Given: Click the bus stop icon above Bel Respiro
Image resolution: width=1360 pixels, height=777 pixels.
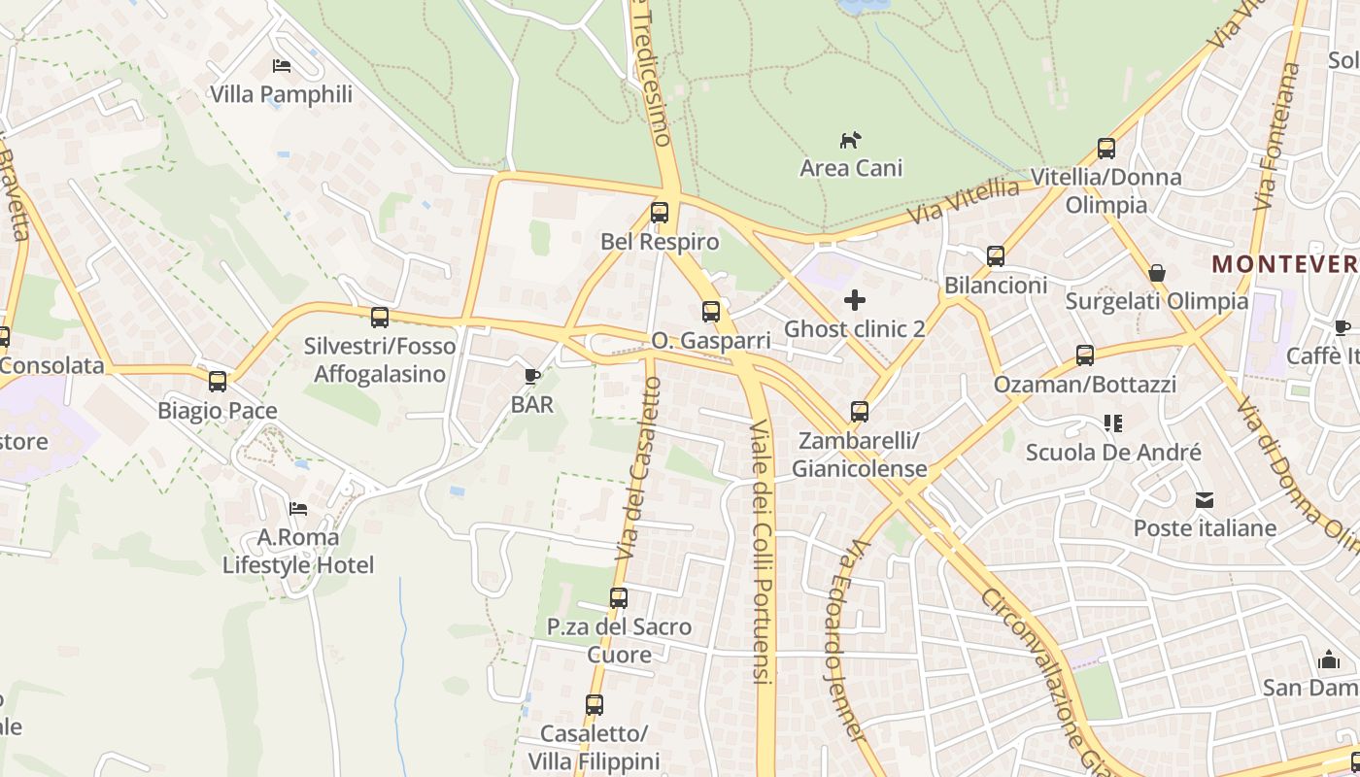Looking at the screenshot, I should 660,212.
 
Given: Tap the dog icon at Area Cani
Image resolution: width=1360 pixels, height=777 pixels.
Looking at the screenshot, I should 851,140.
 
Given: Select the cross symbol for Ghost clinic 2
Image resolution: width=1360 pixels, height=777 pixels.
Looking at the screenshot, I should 855,300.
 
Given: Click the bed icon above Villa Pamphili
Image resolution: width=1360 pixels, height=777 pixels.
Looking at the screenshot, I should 282,66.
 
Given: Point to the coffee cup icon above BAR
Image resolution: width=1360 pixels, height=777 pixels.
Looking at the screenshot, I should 531,376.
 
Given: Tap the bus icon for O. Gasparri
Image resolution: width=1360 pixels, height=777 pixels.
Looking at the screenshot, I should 711,312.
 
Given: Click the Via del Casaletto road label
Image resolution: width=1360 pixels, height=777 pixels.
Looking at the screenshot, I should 638,469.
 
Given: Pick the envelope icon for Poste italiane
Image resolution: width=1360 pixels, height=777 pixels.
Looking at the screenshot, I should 1205,500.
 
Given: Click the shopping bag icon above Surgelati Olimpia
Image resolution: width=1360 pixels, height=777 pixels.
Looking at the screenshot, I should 1157,273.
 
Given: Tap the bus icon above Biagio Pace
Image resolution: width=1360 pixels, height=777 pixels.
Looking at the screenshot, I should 218,382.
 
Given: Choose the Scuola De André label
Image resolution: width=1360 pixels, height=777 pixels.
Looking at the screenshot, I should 1113,453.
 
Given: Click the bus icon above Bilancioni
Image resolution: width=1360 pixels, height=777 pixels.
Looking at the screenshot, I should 996,256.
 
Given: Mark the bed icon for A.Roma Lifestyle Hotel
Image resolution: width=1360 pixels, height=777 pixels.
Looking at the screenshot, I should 298,509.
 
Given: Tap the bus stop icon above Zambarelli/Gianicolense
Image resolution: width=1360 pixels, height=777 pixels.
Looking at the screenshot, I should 860,412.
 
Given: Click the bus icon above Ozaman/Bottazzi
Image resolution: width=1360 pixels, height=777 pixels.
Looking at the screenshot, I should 1085,355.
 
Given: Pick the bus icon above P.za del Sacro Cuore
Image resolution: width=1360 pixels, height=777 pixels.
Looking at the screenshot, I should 619,598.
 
